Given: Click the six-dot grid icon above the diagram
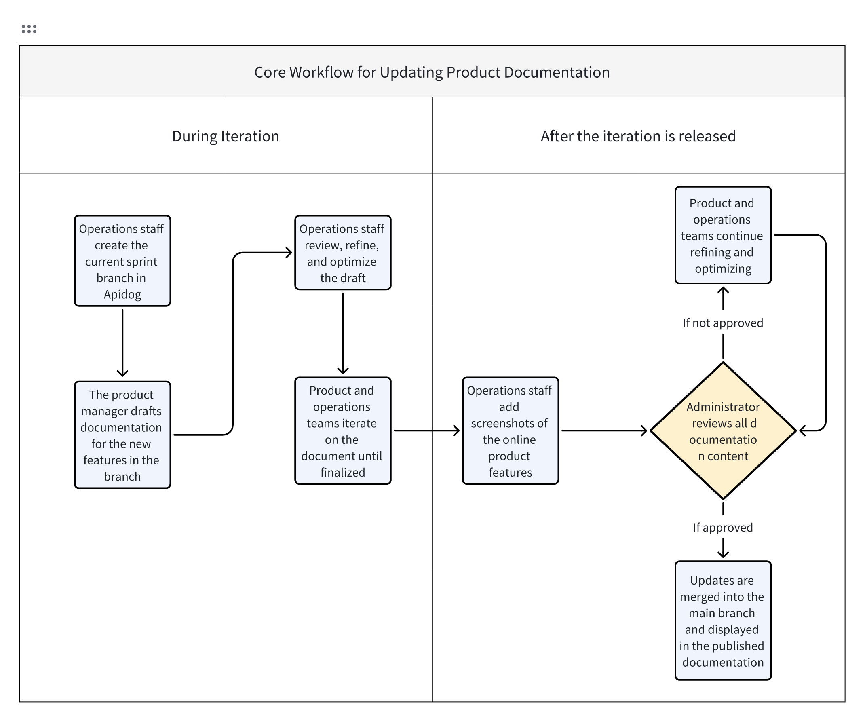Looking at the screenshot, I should pos(29,29).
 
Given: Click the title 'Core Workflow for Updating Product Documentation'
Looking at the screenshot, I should pos(432,72).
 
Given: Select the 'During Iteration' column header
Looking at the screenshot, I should pos(225,136).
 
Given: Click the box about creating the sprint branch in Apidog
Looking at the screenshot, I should pos(122,261).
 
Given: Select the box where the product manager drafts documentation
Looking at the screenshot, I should pos(122,435).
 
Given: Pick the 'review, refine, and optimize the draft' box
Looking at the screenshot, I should pos(343,253).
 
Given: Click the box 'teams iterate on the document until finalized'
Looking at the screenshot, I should pos(343,431).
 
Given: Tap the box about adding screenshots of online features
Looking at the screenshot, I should pos(510,431).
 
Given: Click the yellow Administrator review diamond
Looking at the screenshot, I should pos(722,431).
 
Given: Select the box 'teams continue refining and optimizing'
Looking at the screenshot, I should pos(722,235).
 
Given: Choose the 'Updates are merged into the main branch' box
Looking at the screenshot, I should pos(722,620).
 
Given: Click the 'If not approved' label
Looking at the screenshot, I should pos(722,323).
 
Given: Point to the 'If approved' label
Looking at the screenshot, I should pos(722,528).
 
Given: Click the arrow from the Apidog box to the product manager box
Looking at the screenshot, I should pos(122,342).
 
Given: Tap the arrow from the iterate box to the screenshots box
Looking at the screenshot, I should pos(426,431).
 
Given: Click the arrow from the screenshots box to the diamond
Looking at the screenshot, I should pos(603,431).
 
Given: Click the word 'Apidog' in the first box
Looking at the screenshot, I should pos(122,294).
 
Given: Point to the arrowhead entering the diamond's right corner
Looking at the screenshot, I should pos(803,431).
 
